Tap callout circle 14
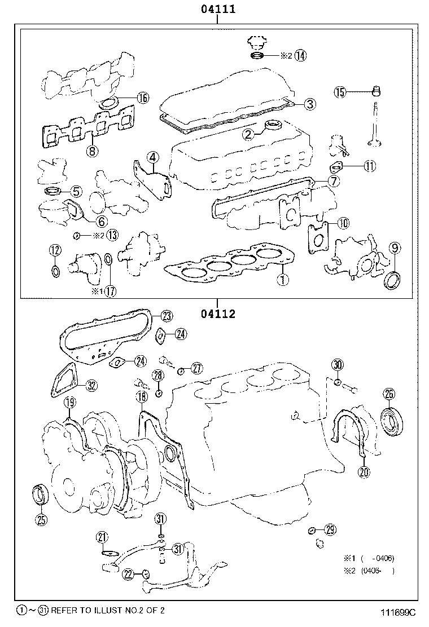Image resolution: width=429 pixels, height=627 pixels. pyautogui.click(x=300, y=55)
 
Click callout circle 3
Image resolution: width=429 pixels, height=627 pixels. pyautogui.click(x=310, y=104)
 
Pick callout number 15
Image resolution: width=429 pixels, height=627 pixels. pyautogui.click(x=339, y=92)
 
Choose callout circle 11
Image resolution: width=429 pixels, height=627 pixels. pyautogui.click(x=369, y=166)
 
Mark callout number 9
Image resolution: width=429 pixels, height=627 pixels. pyautogui.click(x=394, y=247)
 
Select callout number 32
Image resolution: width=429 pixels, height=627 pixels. pyautogui.click(x=91, y=386)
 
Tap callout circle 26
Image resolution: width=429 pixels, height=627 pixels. pyautogui.click(x=389, y=394)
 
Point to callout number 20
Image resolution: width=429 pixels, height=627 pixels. pyautogui.click(x=364, y=473)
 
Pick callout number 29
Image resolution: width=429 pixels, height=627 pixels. pyautogui.click(x=330, y=529)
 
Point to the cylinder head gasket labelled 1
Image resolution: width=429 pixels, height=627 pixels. pyautogui.click(x=226, y=265)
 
